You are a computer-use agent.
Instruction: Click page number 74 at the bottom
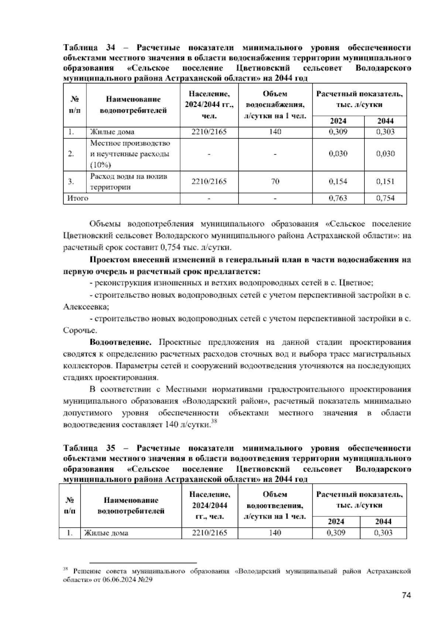tap(406, 595)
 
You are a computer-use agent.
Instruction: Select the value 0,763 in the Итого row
tap(338, 198)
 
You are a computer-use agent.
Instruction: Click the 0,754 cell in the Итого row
tap(385, 198)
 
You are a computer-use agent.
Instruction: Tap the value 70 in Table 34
tap(275, 181)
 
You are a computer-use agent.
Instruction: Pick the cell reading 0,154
tap(338, 181)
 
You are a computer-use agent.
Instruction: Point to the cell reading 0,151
tap(385, 181)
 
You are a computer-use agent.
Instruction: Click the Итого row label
tap(78, 198)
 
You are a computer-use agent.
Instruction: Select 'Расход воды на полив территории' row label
tap(128, 181)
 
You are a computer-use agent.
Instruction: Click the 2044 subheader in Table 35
tap(383, 521)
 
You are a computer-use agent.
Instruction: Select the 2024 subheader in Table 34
tap(338, 121)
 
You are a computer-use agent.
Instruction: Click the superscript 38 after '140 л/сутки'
tap(213, 422)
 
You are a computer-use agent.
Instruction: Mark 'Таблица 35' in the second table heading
tap(89, 448)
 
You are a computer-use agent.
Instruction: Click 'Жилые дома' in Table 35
tap(106, 533)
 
